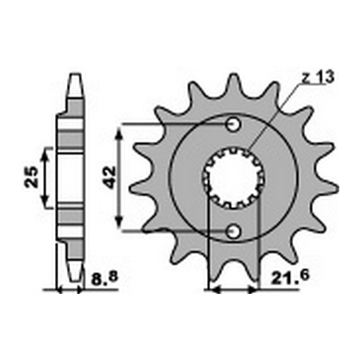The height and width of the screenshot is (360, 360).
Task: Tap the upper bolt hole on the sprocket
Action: click(x=233, y=124)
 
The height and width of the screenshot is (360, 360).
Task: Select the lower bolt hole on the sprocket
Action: click(x=233, y=230)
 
